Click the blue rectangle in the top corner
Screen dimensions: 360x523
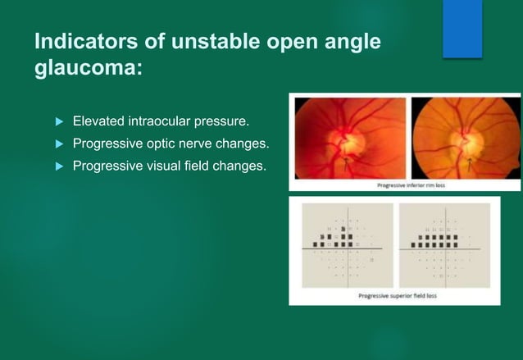tap(462, 29)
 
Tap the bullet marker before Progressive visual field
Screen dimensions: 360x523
tap(58, 166)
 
